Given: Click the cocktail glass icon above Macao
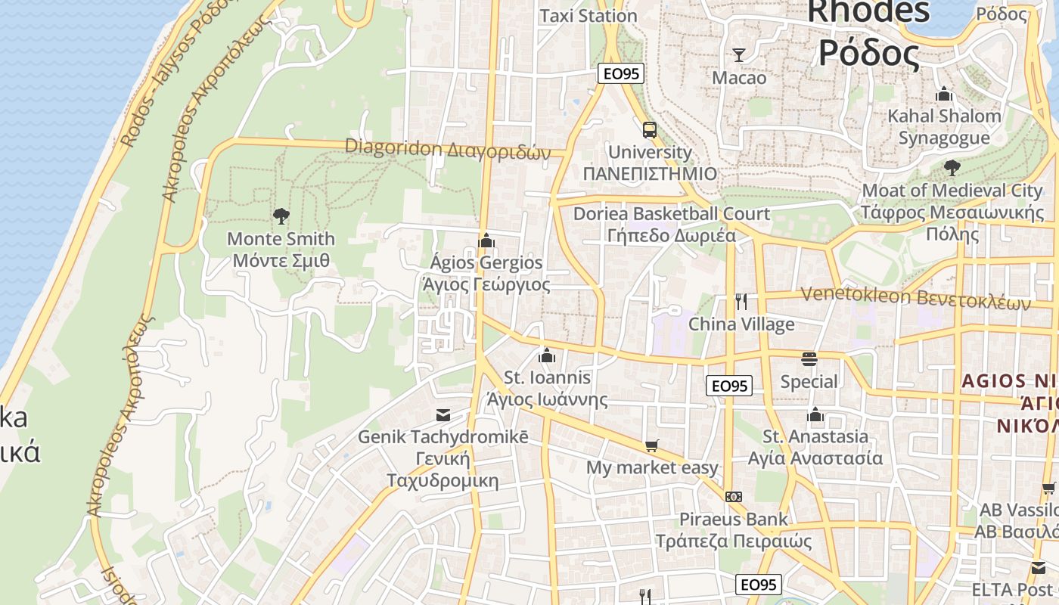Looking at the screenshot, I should click(739, 54).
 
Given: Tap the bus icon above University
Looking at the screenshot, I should click(650, 129).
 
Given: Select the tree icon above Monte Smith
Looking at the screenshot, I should click(281, 216).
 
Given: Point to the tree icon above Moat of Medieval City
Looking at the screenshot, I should click(952, 168).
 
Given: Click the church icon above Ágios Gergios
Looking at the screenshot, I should click(486, 240).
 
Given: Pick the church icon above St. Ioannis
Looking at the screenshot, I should click(547, 355).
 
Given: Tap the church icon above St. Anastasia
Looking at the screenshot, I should click(815, 414).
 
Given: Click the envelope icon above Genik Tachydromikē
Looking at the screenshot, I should click(443, 414).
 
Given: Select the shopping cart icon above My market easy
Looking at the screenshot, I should click(651, 446).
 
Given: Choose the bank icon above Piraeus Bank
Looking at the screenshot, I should click(733, 497).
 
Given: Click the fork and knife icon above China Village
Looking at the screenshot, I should click(741, 302).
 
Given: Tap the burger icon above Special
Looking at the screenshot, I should click(809, 358).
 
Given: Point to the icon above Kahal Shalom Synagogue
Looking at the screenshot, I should click(944, 95).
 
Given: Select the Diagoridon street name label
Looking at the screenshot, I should click(448, 149).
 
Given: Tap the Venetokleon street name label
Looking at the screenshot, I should click(915, 298).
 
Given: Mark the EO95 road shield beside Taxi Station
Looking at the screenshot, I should click(620, 73).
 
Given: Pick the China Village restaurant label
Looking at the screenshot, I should click(741, 324).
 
